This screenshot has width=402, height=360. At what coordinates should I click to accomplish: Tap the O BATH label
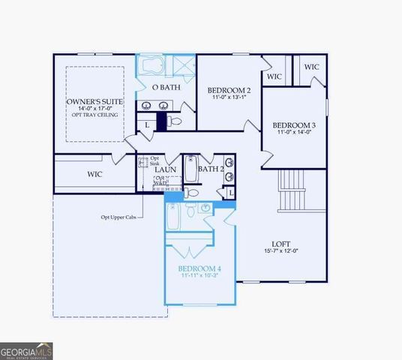point(165,88)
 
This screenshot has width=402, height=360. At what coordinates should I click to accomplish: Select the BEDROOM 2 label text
point(229,91)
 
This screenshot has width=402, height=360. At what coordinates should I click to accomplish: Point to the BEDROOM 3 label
point(293,124)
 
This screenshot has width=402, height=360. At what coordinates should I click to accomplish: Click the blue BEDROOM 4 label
point(199,268)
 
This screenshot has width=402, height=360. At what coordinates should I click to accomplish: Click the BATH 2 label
point(211,169)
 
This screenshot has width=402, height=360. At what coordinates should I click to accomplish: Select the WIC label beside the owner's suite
point(94,174)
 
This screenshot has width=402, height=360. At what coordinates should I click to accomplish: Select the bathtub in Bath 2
point(190,169)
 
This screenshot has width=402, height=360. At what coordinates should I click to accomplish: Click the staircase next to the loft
point(292,191)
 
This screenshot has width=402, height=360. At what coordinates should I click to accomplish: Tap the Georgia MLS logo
point(26,350)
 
